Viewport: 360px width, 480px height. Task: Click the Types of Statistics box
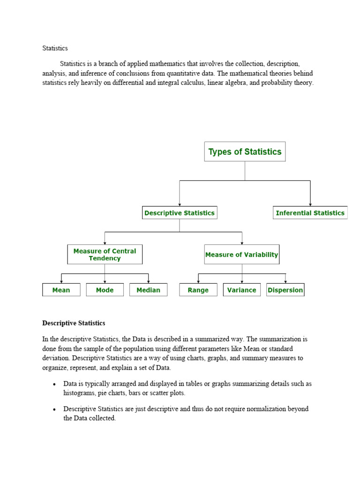tap(245, 152)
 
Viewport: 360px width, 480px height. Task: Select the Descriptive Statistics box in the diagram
tap(180, 213)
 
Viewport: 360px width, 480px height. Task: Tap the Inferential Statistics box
tap(310, 213)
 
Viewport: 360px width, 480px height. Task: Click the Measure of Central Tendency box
tap(105, 255)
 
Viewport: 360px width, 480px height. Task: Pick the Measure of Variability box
tap(241, 255)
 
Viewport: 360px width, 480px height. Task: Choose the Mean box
tap(61, 290)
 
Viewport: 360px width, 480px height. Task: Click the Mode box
tap(105, 290)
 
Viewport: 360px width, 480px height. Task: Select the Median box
tap(148, 290)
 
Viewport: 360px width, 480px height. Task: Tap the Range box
tap(198, 290)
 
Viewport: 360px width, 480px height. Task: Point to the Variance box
tap(241, 290)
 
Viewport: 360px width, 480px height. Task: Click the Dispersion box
tap(285, 290)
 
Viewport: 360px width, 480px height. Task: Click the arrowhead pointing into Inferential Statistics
tap(310, 204)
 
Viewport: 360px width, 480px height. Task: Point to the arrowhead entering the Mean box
tap(61, 281)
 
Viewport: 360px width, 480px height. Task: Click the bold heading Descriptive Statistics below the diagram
tap(74, 323)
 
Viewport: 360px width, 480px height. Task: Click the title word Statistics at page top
tap(55, 48)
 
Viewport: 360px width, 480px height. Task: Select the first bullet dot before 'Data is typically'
tap(54, 384)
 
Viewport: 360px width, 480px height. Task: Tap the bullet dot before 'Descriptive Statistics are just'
tap(54, 410)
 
